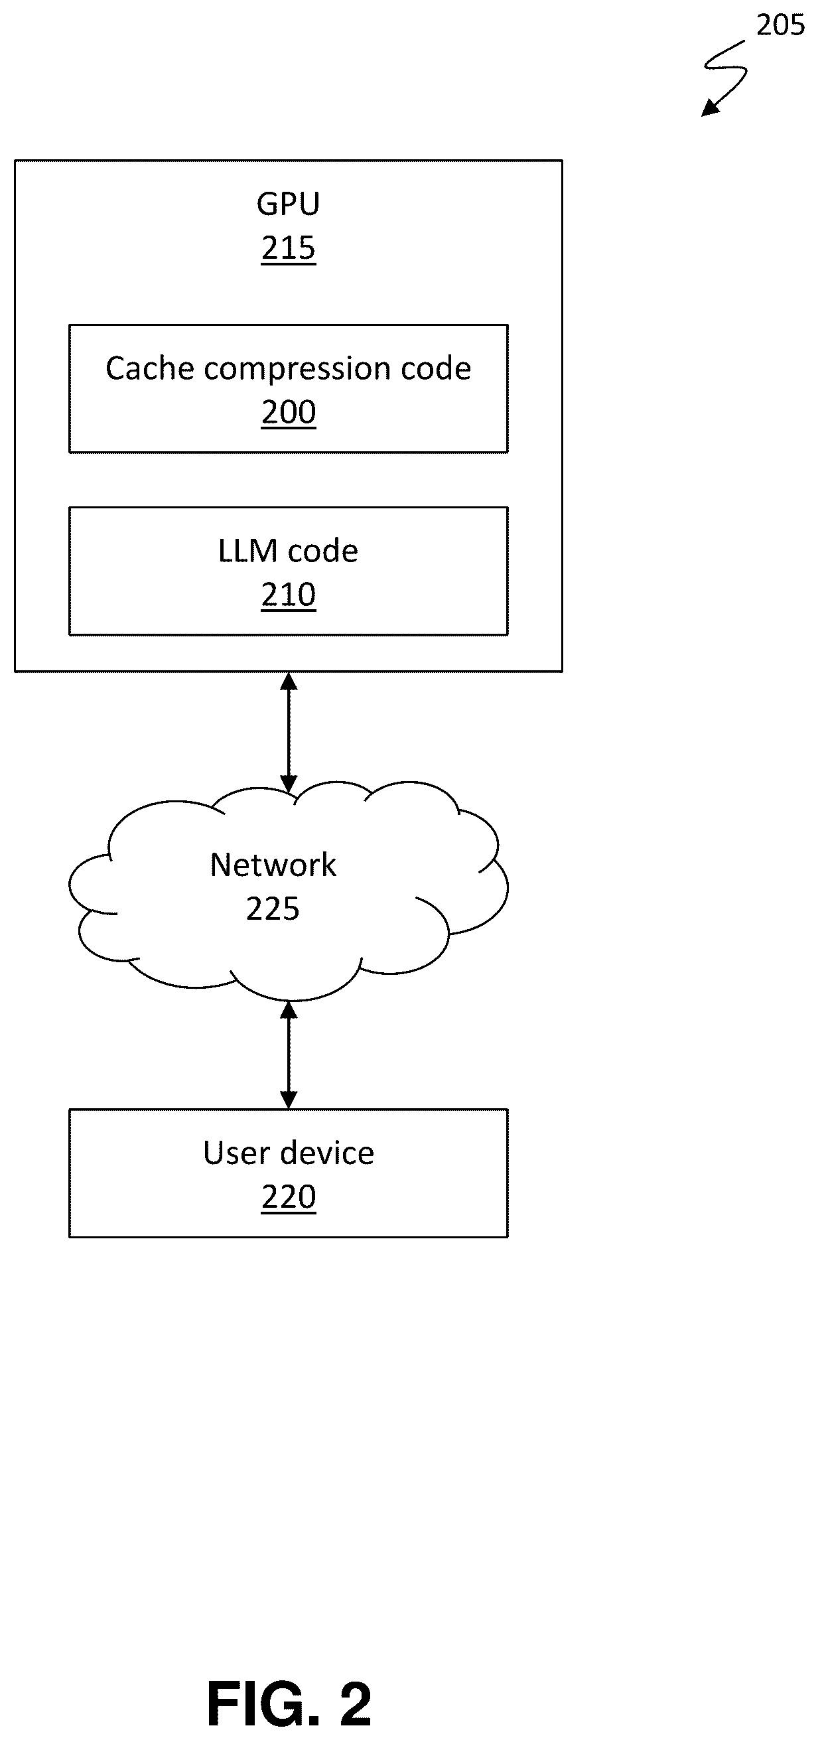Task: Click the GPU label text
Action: [x=288, y=204]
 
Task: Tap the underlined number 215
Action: [x=289, y=249]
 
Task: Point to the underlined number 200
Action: [x=289, y=413]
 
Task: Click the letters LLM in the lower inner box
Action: [x=247, y=551]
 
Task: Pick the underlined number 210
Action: [x=289, y=595]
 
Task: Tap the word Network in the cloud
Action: [x=273, y=865]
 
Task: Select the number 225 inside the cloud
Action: [x=273, y=909]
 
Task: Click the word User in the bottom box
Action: [x=234, y=1153]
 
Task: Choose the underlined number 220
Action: [x=289, y=1197]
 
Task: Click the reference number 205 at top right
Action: [x=780, y=25]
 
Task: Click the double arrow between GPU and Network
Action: [x=289, y=732]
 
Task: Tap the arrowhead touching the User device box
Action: [x=289, y=1100]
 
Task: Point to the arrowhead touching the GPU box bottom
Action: [x=289, y=681]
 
